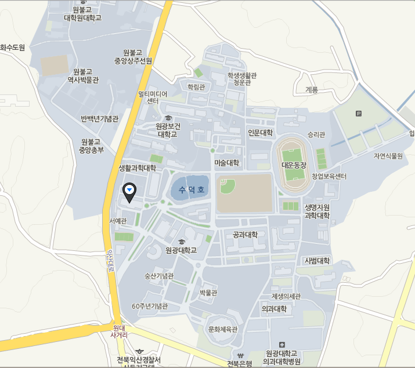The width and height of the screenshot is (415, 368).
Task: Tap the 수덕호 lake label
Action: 192,190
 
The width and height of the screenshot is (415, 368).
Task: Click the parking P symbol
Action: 358,114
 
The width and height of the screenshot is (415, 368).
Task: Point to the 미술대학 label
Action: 226,163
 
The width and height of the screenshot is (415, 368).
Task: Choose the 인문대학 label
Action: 260,133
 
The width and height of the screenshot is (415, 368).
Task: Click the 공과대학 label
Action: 244,235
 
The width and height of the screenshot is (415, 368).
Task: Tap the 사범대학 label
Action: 317,261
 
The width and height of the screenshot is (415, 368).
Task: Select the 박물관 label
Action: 208,293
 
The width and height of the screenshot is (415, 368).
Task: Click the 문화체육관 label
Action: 223,329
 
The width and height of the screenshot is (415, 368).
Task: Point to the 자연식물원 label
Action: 388,156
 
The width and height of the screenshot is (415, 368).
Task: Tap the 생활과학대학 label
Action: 138,168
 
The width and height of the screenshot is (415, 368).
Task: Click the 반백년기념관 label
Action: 99,119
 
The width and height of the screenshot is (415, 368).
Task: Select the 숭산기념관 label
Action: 159,276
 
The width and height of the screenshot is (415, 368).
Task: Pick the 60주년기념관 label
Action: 150,306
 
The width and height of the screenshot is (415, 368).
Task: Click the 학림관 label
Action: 196,86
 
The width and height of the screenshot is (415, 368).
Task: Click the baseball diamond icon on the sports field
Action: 228,187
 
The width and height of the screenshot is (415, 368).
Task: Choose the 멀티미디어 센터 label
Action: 153,97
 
